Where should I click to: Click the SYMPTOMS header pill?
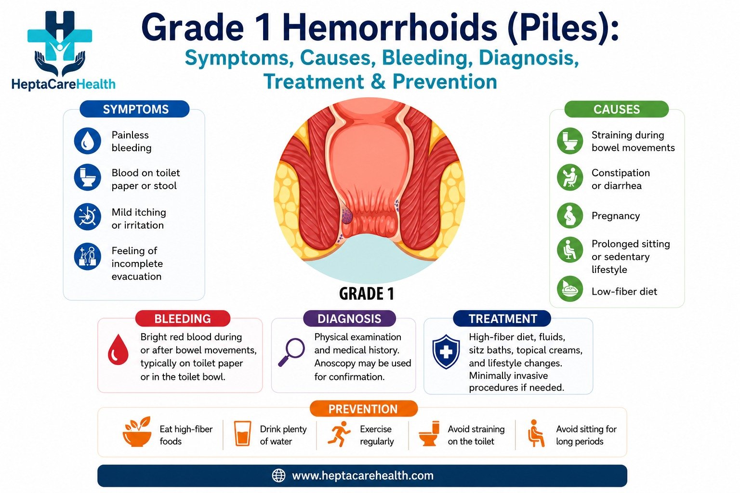[x=134, y=109]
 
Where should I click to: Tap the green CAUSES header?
[x=617, y=109]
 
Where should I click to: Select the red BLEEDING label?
[x=183, y=318]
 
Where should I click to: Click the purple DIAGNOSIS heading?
[x=349, y=318]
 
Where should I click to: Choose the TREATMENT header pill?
[x=502, y=318]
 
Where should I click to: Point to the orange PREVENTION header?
[x=363, y=409]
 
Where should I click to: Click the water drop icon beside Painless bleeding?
[x=88, y=141]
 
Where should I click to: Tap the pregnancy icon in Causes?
[x=570, y=216]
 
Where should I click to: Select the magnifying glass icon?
[x=291, y=352]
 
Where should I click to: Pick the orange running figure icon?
[x=339, y=434]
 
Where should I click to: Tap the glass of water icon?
[x=242, y=433]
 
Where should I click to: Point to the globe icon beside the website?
[x=278, y=476]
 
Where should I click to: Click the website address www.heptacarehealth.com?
[x=363, y=476]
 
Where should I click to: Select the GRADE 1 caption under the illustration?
[x=366, y=294]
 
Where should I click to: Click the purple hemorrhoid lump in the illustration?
[x=346, y=215]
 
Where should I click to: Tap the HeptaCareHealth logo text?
[x=64, y=84]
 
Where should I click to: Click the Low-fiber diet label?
[x=624, y=291]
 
